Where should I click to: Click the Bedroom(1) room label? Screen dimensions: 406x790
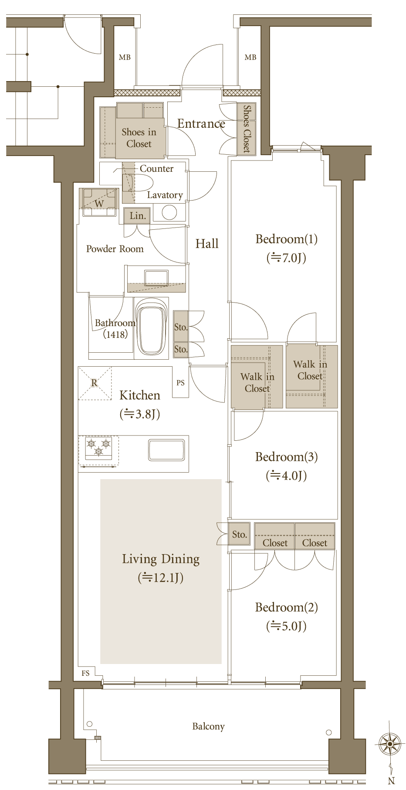(286, 239)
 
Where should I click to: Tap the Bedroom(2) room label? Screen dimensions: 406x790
(286, 607)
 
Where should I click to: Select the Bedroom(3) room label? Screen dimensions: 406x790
(286, 457)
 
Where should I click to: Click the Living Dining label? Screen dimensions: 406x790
(161, 559)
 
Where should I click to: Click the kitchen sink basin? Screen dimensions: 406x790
(166, 449)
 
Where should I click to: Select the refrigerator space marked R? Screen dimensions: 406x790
(95, 383)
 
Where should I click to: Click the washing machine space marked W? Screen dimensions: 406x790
(99, 203)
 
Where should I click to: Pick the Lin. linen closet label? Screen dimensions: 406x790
(138, 216)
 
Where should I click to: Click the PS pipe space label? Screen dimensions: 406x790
(180, 383)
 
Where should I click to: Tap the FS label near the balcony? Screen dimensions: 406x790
(85, 673)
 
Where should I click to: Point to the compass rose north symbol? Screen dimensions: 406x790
(390, 744)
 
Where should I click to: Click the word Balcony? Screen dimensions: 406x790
(208, 726)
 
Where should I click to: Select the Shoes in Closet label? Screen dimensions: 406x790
(139, 138)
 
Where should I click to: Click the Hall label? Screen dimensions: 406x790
(207, 244)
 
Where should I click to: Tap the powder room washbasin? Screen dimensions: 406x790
(156, 278)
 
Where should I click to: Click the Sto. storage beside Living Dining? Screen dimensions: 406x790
(239, 534)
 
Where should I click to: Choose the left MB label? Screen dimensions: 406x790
(125, 57)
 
